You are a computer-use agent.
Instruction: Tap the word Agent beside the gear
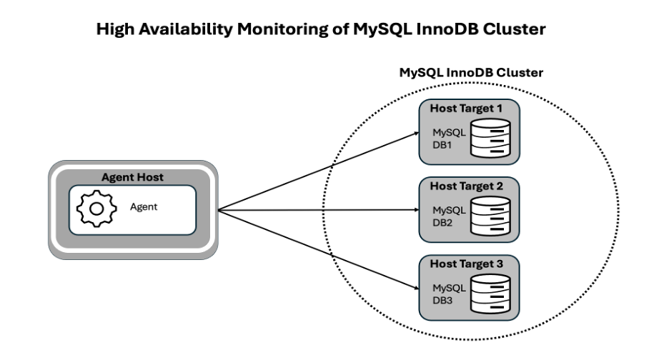point(143,207)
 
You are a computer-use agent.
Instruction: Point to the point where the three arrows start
point(217,211)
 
